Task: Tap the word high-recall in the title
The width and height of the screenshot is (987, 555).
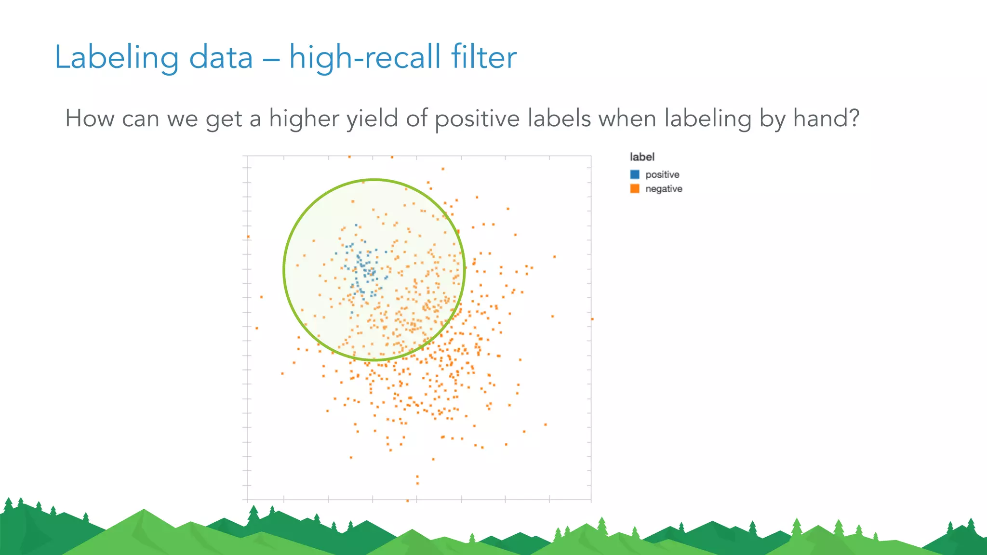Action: [x=365, y=57]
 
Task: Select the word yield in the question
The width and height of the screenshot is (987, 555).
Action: [x=372, y=119]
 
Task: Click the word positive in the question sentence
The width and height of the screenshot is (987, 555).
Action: [x=477, y=119]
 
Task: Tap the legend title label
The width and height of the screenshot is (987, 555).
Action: [x=642, y=157]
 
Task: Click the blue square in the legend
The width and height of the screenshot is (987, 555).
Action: [x=635, y=174]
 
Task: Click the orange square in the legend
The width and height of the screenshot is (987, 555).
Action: [x=635, y=189]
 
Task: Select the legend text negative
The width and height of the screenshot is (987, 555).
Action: [x=664, y=189]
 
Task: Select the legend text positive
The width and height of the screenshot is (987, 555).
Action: [x=662, y=174]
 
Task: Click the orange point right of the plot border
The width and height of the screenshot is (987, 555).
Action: [x=592, y=319]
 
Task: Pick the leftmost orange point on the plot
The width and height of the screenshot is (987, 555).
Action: [x=248, y=237]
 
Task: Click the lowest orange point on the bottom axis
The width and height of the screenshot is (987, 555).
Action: [x=408, y=501]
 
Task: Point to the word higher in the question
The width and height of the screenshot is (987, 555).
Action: [x=304, y=119]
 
